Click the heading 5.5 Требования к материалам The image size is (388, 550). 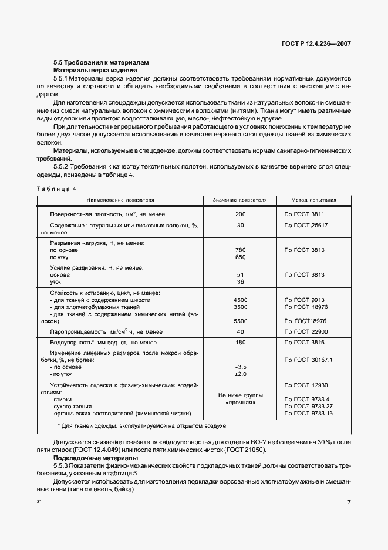pos(102,62)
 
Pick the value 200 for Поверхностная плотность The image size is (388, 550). pos(239,214)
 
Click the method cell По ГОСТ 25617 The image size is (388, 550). pos(306,226)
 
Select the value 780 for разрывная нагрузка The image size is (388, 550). pos(239,250)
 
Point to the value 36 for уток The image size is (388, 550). pos(239,281)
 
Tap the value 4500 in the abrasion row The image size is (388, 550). pos(239,300)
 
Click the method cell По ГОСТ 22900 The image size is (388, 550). pos(306,331)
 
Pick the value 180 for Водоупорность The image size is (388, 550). pos(239,342)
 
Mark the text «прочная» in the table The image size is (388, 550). pos(240,403)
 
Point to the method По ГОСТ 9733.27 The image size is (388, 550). pos(308,406)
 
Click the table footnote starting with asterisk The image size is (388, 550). pos(143,425)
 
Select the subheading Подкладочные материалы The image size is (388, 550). pos(96,457)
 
